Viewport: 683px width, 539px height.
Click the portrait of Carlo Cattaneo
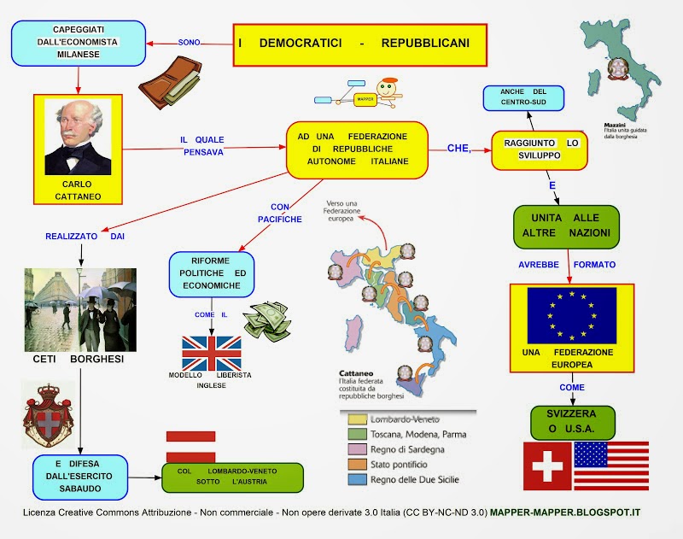(78, 137)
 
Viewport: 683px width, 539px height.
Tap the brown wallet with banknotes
(171, 82)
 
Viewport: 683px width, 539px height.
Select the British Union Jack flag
(211, 353)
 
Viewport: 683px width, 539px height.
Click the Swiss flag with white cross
(547, 466)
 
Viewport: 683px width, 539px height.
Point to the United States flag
(611, 466)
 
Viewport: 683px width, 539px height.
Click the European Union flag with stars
(572, 315)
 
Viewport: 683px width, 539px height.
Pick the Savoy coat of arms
(49, 415)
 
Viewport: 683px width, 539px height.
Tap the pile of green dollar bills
(267, 321)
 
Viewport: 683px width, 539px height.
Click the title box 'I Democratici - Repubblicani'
(359, 45)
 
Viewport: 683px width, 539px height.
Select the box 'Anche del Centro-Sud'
(523, 98)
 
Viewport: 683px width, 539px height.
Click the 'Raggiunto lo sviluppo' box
(540, 150)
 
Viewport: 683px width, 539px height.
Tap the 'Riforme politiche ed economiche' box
(212, 274)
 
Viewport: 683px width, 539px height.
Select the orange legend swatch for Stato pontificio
(357, 465)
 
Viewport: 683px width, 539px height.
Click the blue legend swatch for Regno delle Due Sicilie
(357, 479)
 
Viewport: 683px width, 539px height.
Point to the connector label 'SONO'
(189, 42)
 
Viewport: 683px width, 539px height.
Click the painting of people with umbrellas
(80, 310)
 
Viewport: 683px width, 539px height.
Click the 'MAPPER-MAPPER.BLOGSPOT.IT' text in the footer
(565, 513)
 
